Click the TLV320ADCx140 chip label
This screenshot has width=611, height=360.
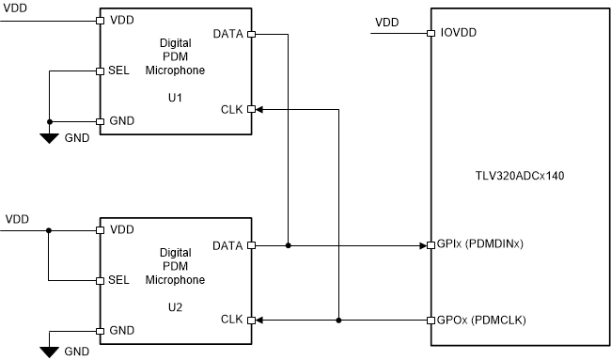(x=519, y=175)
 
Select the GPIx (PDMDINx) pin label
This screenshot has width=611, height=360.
(x=479, y=245)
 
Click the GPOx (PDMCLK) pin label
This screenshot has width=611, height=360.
(x=480, y=321)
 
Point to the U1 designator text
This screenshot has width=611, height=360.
(x=175, y=97)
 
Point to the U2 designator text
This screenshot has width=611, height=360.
(x=175, y=306)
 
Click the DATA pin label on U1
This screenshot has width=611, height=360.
(x=228, y=34)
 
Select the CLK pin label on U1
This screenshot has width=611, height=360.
(x=231, y=109)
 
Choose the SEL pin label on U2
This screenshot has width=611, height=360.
(x=119, y=281)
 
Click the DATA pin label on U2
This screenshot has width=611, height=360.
(x=228, y=245)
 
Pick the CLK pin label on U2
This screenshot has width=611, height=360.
(x=231, y=321)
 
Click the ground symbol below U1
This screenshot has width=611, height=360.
(x=50, y=137)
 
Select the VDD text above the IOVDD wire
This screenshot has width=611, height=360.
(x=386, y=22)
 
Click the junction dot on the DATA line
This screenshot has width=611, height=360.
(x=288, y=245)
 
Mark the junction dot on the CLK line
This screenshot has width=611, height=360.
(x=337, y=321)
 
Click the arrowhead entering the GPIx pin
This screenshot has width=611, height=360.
(x=422, y=245)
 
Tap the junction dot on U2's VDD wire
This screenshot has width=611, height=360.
(x=49, y=229)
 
